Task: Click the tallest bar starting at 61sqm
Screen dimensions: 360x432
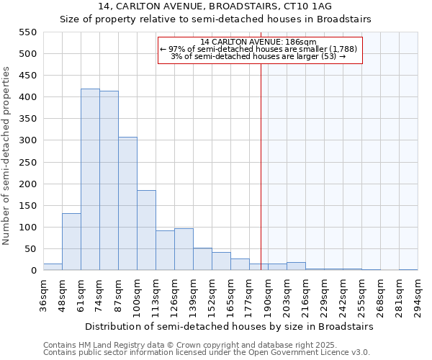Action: pos(90,179)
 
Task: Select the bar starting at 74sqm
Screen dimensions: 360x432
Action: pos(109,181)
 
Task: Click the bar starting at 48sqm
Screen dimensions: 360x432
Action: pos(71,242)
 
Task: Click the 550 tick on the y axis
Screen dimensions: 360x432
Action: pos(27,32)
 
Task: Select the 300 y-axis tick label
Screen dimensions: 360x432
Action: pos(27,140)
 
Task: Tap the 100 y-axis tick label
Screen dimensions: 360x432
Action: pos(27,228)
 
